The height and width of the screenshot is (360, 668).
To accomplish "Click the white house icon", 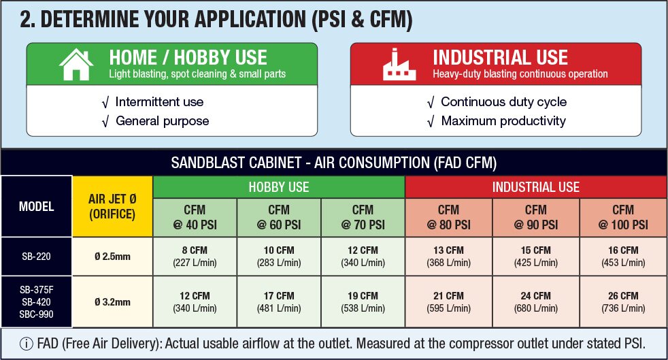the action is click(x=76, y=65).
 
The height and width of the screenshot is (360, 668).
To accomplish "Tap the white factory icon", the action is click(x=399, y=65).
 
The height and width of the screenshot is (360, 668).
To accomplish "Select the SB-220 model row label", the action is click(x=36, y=257).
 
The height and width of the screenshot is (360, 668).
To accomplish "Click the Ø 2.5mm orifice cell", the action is click(x=112, y=257).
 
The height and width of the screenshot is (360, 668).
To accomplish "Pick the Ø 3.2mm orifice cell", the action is click(x=112, y=302).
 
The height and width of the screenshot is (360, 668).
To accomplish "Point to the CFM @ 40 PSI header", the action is click(x=195, y=217).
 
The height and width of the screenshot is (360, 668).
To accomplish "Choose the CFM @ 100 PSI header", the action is click(x=623, y=217).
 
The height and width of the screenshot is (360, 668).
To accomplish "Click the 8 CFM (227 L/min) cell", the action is click(x=195, y=257).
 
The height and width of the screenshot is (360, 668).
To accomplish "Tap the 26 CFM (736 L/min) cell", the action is click(x=623, y=302).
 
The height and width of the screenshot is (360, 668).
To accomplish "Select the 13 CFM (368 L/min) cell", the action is click(x=448, y=257).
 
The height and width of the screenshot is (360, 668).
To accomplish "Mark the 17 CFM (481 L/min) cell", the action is click(x=279, y=302).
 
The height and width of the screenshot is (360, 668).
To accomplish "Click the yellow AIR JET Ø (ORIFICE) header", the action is click(x=112, y=207).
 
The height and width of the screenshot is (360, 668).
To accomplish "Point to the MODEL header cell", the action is click(x=36, y=207).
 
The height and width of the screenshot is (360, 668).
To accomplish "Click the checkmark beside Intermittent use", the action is click(x=105, y=103).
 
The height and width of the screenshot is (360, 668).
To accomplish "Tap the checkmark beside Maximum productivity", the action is click(x=431, y=122).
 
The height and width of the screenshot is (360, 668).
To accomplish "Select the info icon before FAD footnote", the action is click(x=26, y=344).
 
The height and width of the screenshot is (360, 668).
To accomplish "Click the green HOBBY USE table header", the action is click(x=279, y=187).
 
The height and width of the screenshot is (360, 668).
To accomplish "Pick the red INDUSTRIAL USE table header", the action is click(x=536, y=187).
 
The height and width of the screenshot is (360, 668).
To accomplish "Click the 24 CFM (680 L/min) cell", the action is click(x=536, y=302).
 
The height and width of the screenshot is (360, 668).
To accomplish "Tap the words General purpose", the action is click(x=163, y=121).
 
